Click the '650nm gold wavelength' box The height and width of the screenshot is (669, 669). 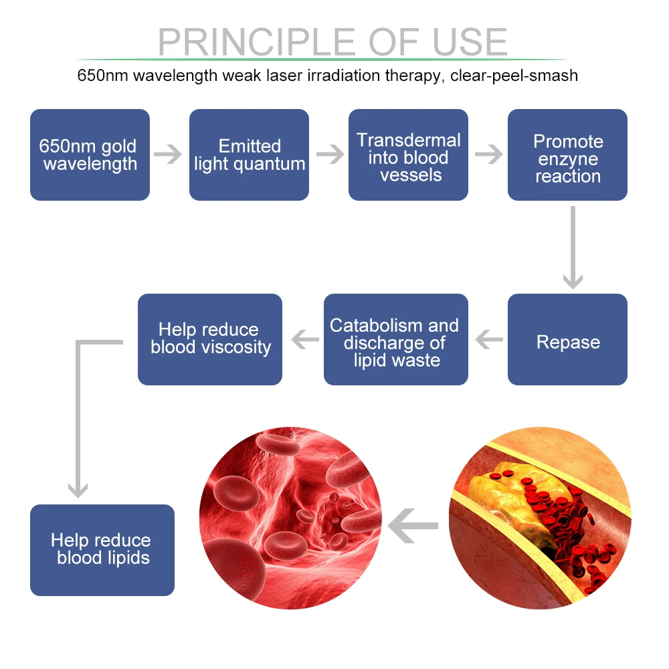[x=90, y=155]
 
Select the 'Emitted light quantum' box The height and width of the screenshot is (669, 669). [x=249, y=155]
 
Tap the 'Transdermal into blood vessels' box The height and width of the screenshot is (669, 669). [x=408, y=155]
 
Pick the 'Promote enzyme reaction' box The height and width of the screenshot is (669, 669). [x=567, y=155]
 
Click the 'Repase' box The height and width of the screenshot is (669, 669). [x=567, y=340]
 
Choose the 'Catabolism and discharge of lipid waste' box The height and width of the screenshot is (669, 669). [x=395, y=340]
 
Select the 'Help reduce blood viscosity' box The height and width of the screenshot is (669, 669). [x=210, y=340]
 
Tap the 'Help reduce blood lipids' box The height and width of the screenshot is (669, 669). [x=102, y=550]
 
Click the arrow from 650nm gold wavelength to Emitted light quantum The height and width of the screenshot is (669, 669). [x=169, y=155]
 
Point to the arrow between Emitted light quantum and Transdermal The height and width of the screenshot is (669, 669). [x=329, y=155]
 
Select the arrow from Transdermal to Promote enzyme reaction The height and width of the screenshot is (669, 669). [x=488, y=155]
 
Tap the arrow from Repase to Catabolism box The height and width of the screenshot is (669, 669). [x=488, y=341]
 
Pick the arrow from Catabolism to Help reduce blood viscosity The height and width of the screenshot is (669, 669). [x=304, y=341]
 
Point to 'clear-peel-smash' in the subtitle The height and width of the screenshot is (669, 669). [x=514, y=76]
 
